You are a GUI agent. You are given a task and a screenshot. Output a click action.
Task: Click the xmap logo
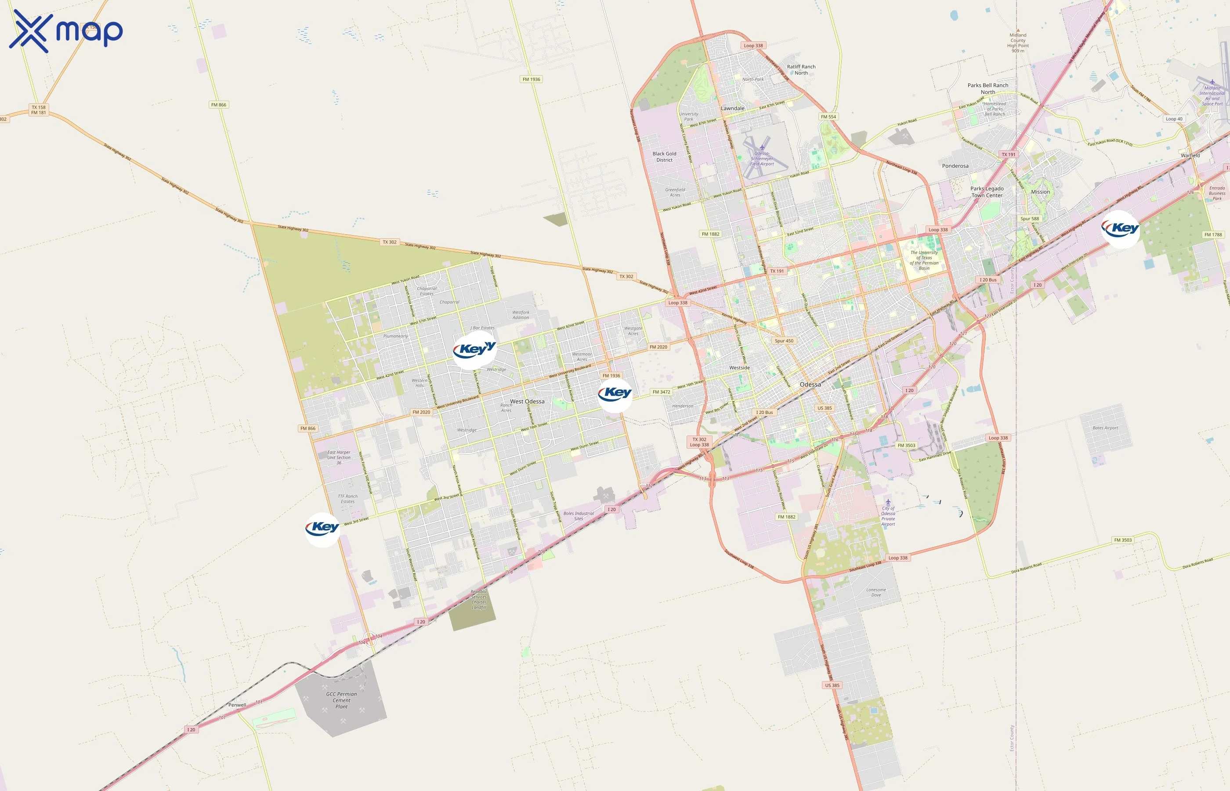point(66,31)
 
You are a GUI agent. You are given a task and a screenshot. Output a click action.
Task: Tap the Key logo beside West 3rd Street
point(322,529)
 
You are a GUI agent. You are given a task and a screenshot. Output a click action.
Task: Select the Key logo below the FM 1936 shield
point(615,395)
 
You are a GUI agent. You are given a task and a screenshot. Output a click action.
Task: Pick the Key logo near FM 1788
point(1120,229)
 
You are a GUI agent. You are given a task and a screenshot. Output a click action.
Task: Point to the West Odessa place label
point(527,402)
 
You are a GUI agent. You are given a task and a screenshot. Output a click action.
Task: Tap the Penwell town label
point(237,705)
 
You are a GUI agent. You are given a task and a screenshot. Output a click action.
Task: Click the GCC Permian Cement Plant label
point(341,700)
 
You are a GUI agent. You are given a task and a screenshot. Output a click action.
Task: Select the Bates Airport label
point(1105,428)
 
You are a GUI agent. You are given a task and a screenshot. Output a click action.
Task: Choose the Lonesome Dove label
point(876,592)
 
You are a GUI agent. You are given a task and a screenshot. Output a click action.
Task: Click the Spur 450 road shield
point(784,341)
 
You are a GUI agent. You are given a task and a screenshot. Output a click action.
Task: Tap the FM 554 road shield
point(828,116)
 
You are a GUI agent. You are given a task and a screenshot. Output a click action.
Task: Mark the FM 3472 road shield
point(661,392)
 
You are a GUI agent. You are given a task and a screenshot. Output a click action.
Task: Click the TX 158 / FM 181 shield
point(39,110)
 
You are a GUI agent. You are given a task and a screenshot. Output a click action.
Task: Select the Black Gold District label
point(664,156)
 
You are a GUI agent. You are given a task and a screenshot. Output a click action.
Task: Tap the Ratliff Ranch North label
point(801,70)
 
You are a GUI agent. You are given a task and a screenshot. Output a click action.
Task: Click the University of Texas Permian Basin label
point(924,260)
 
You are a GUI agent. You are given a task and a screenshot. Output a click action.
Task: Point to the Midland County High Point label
point(1018,43)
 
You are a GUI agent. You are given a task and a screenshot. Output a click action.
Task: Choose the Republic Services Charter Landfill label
point(479,599)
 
